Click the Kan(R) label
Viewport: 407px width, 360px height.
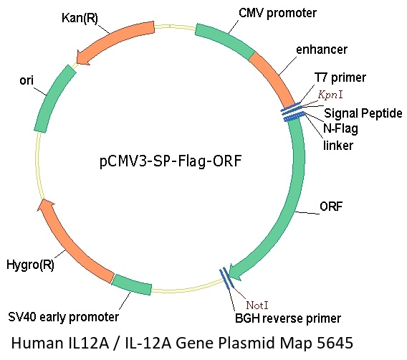pos(80,18)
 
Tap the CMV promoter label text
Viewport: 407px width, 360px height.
pos(277,13)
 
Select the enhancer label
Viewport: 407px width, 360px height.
pos(322,49)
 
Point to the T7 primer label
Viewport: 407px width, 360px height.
pos(340,77)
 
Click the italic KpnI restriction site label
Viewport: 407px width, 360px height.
pos(330,95)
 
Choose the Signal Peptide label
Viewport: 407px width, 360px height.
pos(363,113)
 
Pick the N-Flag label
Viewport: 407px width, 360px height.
pos(340,128)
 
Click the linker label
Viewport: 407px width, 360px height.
pos(338,145)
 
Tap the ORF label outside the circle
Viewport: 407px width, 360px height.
pos(331,207)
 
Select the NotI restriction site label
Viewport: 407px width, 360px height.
pos(257,305)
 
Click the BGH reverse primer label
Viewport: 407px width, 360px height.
pos(288,318)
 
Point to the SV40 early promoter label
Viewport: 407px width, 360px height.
pos(64,317)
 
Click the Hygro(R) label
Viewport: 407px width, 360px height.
pos(30,265)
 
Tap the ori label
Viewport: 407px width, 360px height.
pos(27,80)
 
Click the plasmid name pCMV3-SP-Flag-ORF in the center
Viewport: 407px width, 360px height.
pos(171,161)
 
